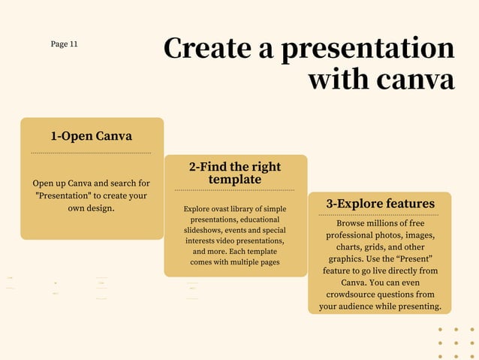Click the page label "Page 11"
[64, 44]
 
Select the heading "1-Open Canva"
[92, 136]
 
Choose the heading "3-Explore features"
[380, 204]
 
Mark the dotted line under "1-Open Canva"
[92, 153]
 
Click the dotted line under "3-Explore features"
[380, 215]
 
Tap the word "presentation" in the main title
[367, 49]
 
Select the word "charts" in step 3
[348, 247]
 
